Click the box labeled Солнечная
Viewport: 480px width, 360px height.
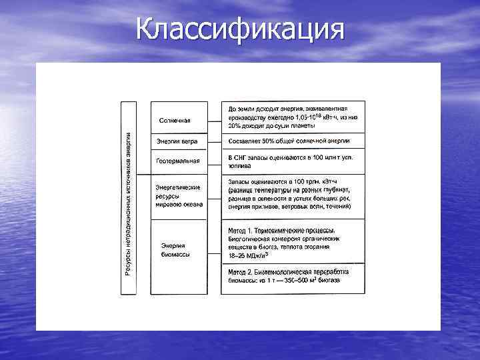click(x=178, y=121)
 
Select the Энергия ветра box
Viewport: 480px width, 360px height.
click(x=178, y=141)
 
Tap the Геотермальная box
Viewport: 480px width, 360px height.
click(x=178, y=161)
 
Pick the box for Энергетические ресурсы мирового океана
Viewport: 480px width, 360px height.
click(x=178, y=197)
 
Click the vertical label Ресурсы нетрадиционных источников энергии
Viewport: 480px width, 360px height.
click(x=128, y=199)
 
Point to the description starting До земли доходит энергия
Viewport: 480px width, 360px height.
click(x=293, y=117)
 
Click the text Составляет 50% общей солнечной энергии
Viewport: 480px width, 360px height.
click(x=293, y=141)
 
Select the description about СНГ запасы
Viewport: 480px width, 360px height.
click(x=293, y=161)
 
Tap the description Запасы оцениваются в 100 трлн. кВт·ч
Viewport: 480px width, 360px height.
click(x=293, y=198)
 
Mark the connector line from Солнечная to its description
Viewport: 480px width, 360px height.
click(x=214, y=121)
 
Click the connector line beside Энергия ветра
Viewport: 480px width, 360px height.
click(x=214, y=141)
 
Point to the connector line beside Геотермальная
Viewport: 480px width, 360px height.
click(x=214, y=161)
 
